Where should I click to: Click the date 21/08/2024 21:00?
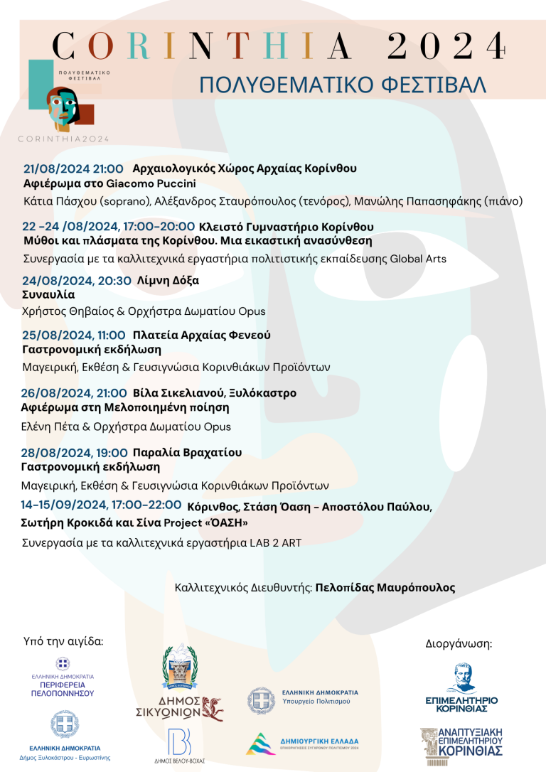point(73,169)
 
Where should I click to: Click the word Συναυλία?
point(48,294)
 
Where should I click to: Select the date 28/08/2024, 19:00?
point(73,453)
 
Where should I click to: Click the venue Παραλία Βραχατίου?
point(187,453)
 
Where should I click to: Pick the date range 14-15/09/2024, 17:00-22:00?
point(102,505)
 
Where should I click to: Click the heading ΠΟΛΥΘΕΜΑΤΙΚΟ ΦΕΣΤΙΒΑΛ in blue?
point(342,84)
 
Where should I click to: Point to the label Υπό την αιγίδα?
point(63,641)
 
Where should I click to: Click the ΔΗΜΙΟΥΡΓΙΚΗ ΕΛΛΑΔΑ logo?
point(302,744)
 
